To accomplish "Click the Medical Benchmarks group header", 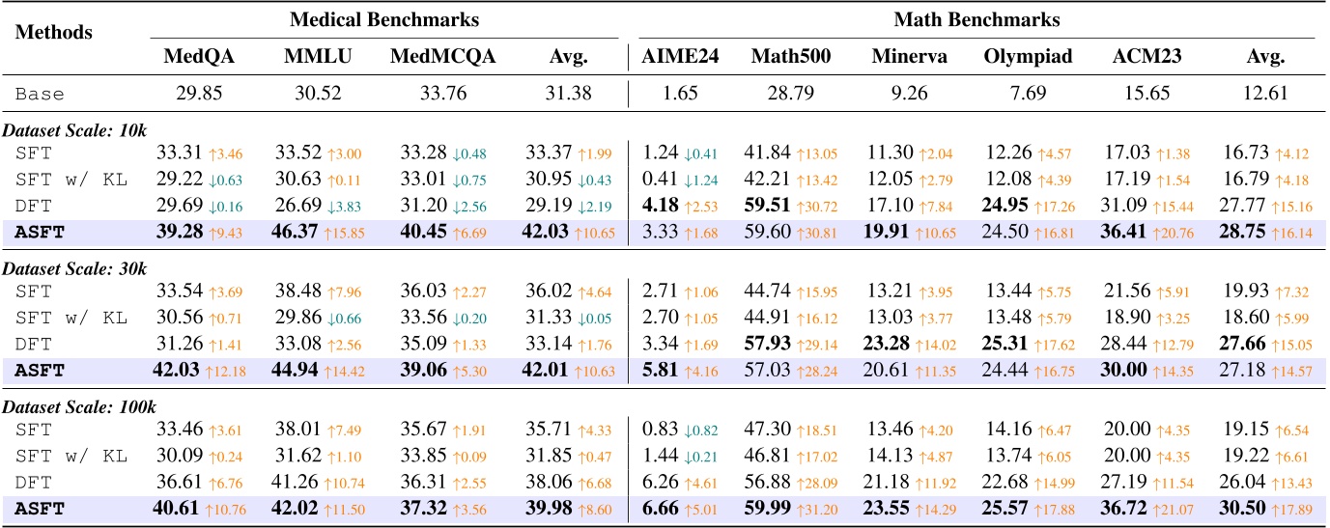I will pos(384,18).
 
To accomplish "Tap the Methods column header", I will pos(55,32).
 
